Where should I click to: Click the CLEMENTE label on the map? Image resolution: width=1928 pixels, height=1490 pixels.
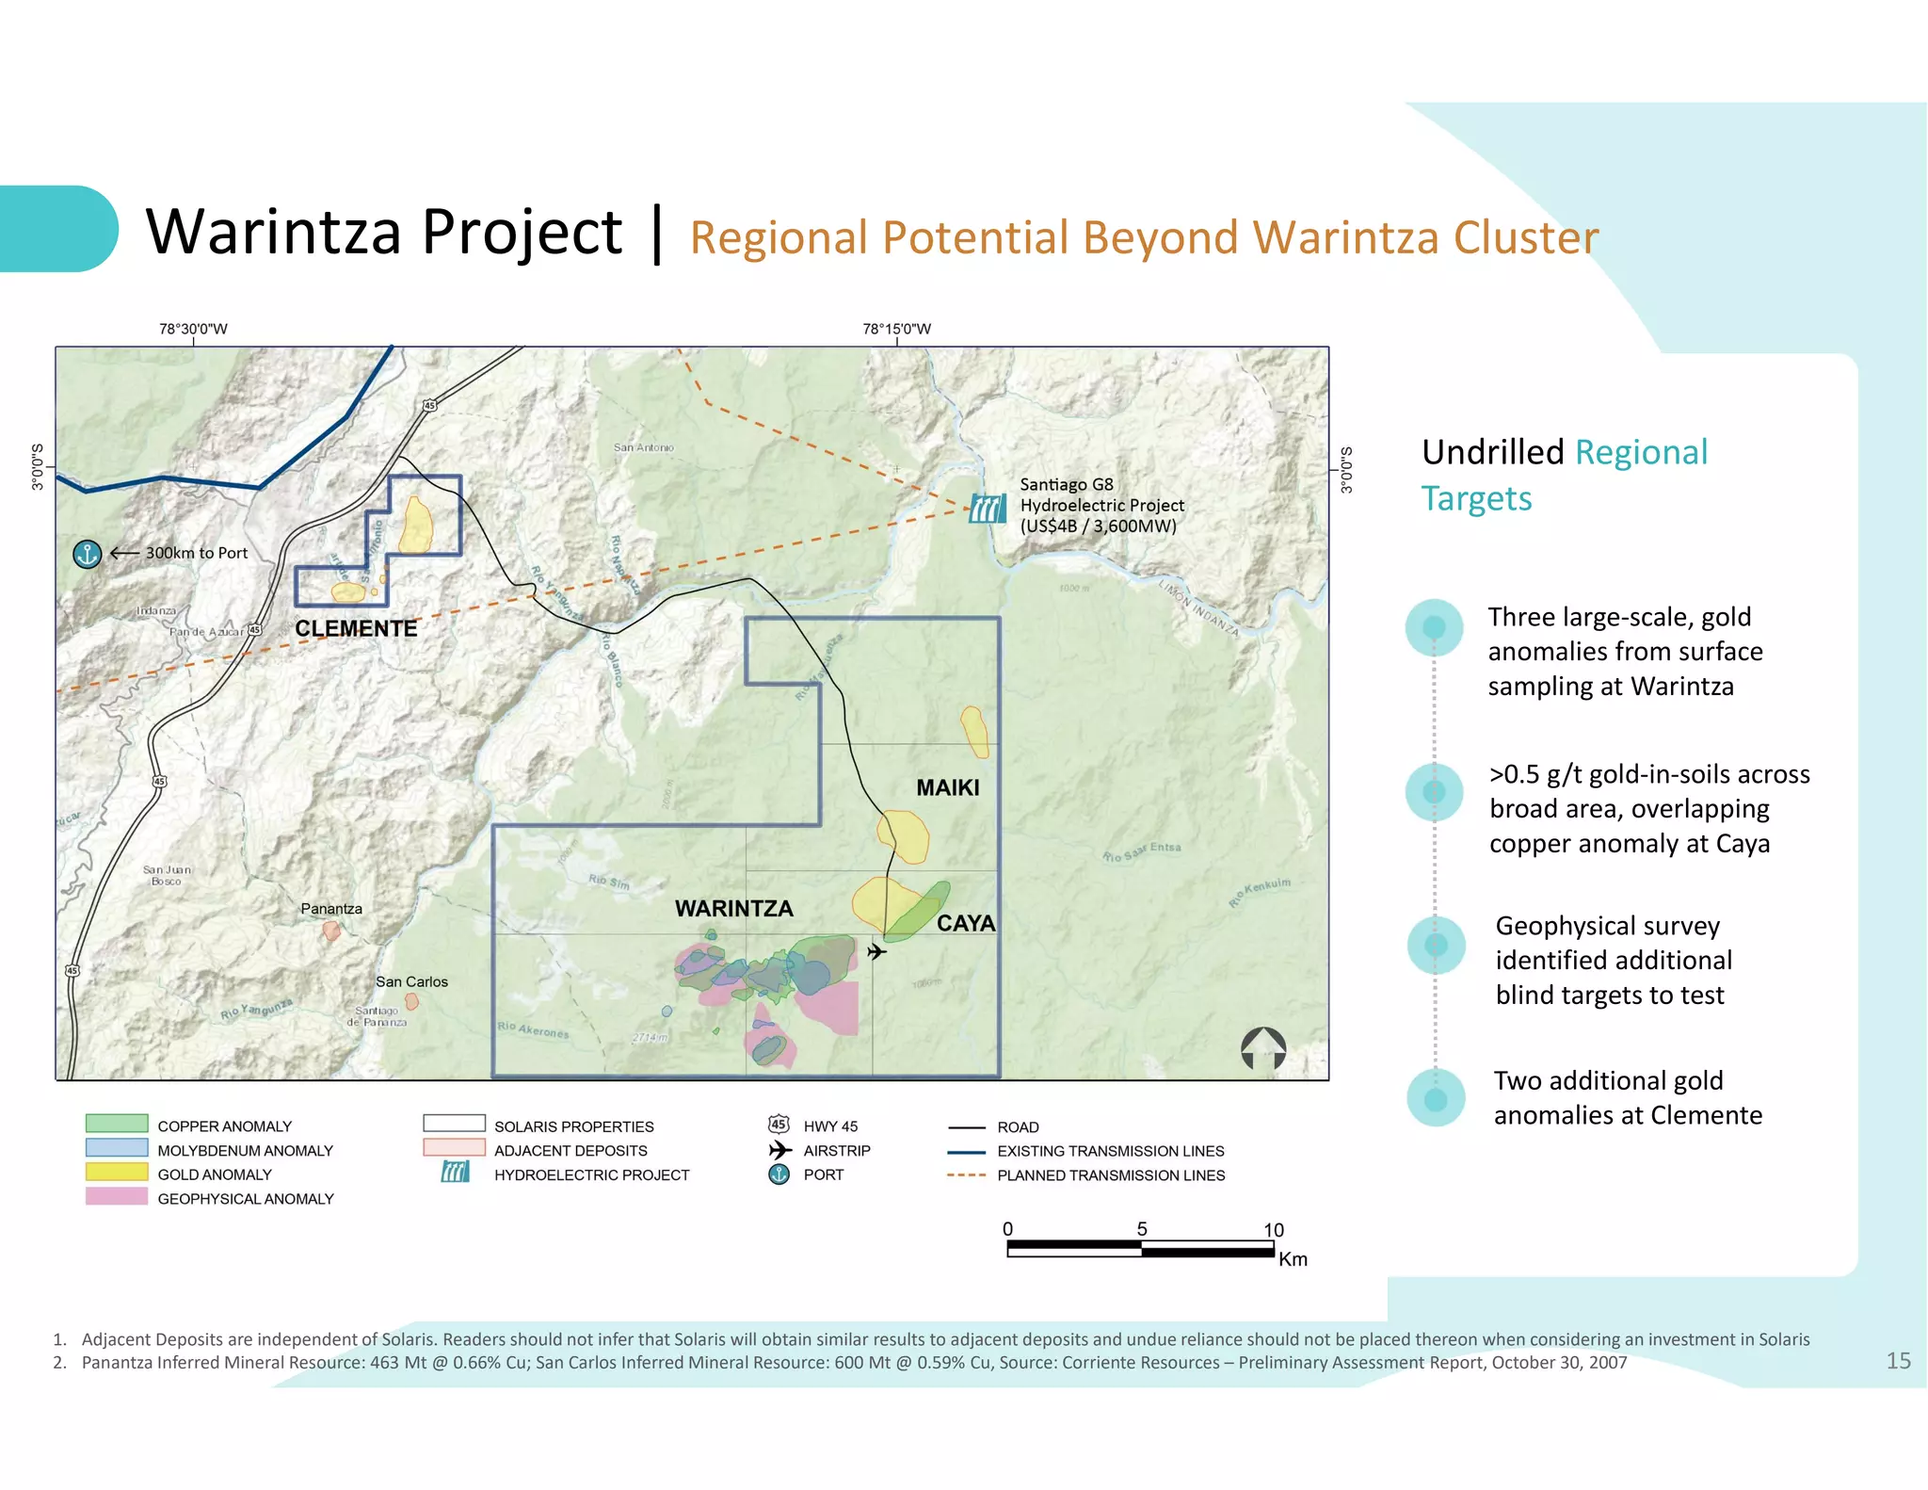tap(356, 628)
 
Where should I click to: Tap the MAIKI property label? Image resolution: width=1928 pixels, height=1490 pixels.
tap(947, 787)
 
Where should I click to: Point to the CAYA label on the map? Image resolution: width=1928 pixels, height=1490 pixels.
tap(965, 923)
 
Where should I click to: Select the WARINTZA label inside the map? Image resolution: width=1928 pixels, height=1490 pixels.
tap(733, 909)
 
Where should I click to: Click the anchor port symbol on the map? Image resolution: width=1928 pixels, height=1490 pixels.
tap(87, 554)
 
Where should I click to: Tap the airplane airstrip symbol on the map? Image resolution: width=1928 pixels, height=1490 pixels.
tap(876, 951)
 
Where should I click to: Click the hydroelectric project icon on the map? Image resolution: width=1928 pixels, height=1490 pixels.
tap(988, 509)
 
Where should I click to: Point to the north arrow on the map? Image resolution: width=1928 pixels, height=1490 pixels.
tap(1263, 1048)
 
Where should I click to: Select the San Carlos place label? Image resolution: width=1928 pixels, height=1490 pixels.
tap(411, 981)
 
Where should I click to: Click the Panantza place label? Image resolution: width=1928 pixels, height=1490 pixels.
tap(331, 909)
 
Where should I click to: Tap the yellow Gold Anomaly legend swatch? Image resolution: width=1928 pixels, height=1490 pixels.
tap(117, 1173)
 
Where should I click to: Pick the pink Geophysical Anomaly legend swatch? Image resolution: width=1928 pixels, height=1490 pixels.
tap(117, 1197)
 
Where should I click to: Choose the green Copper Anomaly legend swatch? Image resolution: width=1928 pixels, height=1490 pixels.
tap(117, 1124)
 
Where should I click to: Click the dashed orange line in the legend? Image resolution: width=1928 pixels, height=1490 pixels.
tap(966, 1175)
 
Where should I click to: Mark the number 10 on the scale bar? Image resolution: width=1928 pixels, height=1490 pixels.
tap(1273, 1230)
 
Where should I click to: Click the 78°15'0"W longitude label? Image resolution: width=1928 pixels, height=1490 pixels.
tap(896, 329)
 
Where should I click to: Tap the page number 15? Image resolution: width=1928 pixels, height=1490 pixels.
tap(1898, 1361)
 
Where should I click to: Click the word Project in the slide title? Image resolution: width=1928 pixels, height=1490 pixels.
tap(522, 233)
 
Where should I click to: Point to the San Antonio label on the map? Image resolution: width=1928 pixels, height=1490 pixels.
tap(644, 447)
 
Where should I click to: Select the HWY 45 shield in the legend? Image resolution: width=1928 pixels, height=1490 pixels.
tap(779, 1125)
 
